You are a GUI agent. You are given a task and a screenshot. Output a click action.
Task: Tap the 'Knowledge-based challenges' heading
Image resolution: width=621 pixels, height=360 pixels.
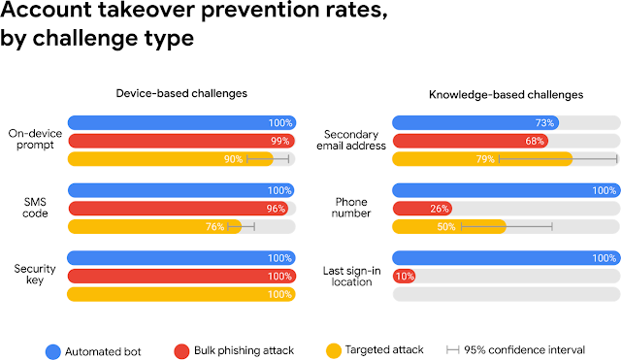pyautogui.click(x=506, y=95)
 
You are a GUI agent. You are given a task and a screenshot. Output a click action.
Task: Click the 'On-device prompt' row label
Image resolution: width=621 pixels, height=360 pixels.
pyautogui.click(x=34, y=141)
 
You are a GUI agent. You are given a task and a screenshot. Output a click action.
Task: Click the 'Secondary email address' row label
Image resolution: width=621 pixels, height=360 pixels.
pyautogui.click(x=355, y=141)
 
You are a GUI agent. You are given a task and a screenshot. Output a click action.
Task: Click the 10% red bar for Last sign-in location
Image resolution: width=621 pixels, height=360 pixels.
pyautogui.click(x=404, y=303)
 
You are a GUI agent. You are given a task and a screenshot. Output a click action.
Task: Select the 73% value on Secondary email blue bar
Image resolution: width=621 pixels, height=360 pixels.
pyautogui.click(x=544, y=123)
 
